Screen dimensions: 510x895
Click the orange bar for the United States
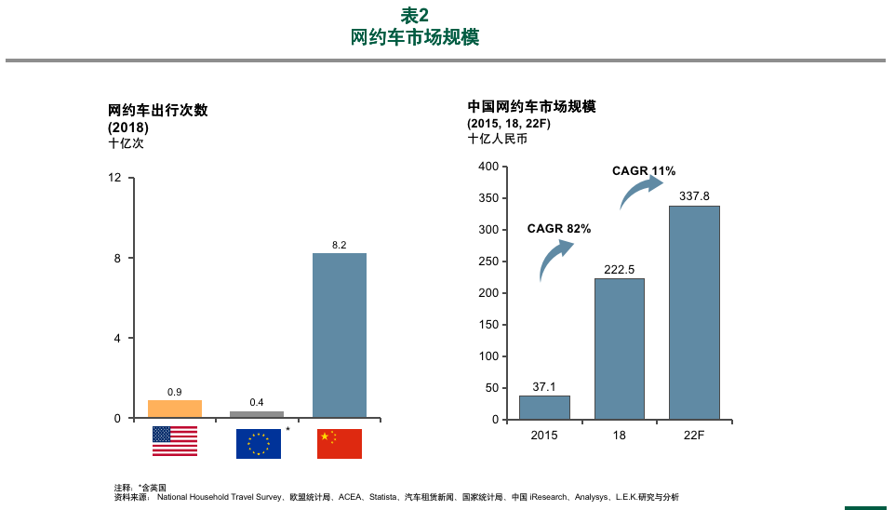(175, 409)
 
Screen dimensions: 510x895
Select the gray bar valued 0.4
(257, 414)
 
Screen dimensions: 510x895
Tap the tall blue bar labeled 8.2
(339, 335)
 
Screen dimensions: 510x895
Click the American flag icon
(175, 441)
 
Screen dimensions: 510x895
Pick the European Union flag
(258, 443)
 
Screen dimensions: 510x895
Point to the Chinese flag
(339, 443)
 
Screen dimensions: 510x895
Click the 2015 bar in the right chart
(544, 408)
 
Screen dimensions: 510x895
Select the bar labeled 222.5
(620, 349)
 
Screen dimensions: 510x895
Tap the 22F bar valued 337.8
(694, 313)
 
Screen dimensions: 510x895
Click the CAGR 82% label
(559, 229)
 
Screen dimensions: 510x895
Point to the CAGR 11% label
(644, 171)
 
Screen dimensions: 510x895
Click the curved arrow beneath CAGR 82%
(555, 259)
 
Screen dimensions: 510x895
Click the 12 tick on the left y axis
(115, 178)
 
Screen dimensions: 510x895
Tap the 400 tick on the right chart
(488, 167)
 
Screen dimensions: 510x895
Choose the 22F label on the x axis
(694, 436)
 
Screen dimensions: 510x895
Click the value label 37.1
(544, 386)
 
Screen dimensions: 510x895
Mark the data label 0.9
(175, 392)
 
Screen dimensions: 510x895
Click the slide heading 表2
(415, 16)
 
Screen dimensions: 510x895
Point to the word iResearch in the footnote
(549, 497)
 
